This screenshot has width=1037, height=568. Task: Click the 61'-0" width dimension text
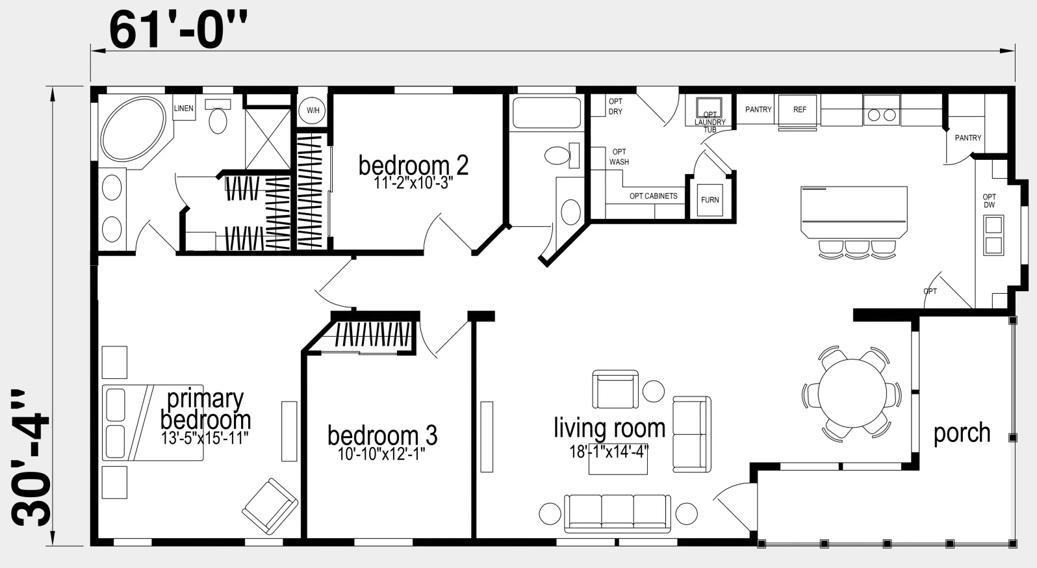pyautogui.click(x=178, y=30)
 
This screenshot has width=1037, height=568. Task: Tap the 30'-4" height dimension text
pyautogui.click(x=30, y=458)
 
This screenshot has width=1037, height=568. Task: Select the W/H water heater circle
pyautogui.click(x=313, y=110)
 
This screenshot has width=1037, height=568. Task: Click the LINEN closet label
pyautogui.click(x=183, y=109)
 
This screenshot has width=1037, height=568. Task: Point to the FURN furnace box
pyautogui.click(x=710, y=200)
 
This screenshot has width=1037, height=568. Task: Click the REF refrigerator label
pyautogui.click(x=799, y=110)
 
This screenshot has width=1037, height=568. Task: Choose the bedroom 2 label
pyautogui.click(x=413, y=165)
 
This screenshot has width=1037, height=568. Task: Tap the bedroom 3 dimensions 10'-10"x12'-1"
pyautogui.click(x=381, y=454)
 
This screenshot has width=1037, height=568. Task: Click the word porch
pyautogui.click(x=962, y=433)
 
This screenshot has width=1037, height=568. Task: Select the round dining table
pyautogui.click(x=852, y=393)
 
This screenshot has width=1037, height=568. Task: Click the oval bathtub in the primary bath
pyautogui.click(x=133, y=129)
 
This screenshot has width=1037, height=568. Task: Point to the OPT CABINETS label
pyautogui.click(x=653, y=196)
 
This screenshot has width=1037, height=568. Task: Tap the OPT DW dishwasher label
pyautogui.click(x=990, y=201)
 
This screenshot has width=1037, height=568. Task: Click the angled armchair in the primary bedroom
pyautogui.click(x=270, y=506)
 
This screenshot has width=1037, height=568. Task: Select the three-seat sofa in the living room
pyautogui.click(x=617, y=513)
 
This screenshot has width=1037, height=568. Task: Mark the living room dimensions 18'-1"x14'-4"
pyautogui.click(x=609, y=451)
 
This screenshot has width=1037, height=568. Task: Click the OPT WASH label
pyautogui.click(x=619, y=157)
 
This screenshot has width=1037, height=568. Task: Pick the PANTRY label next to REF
pyautogui.click(x=758, y=110)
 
